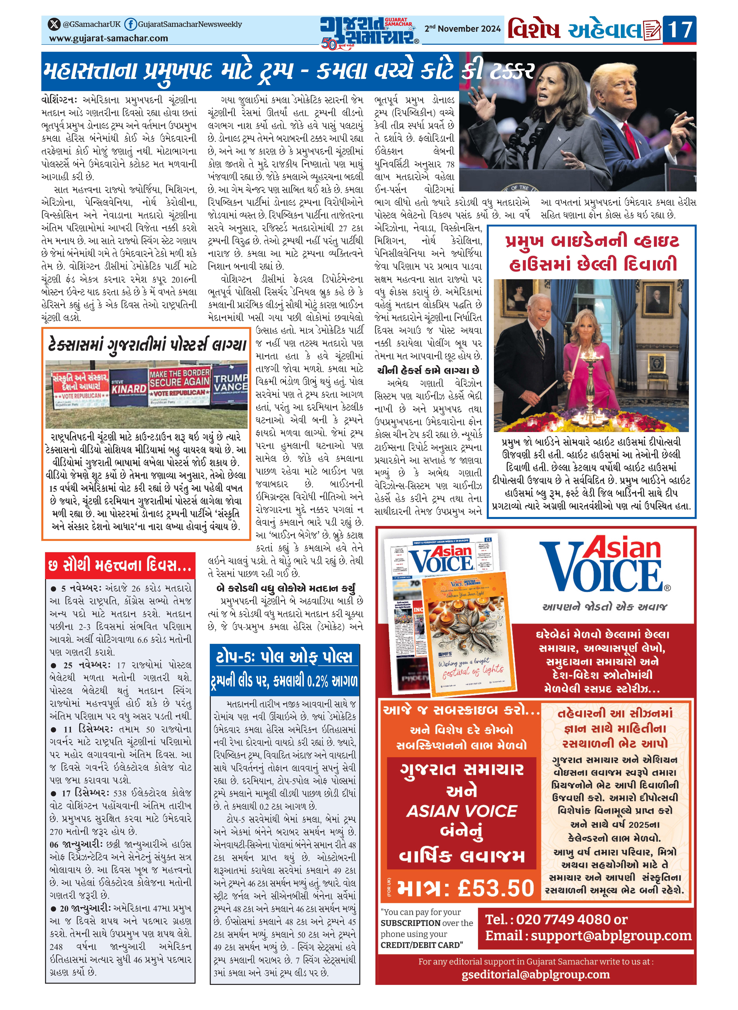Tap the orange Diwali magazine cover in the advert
[469, 634]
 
